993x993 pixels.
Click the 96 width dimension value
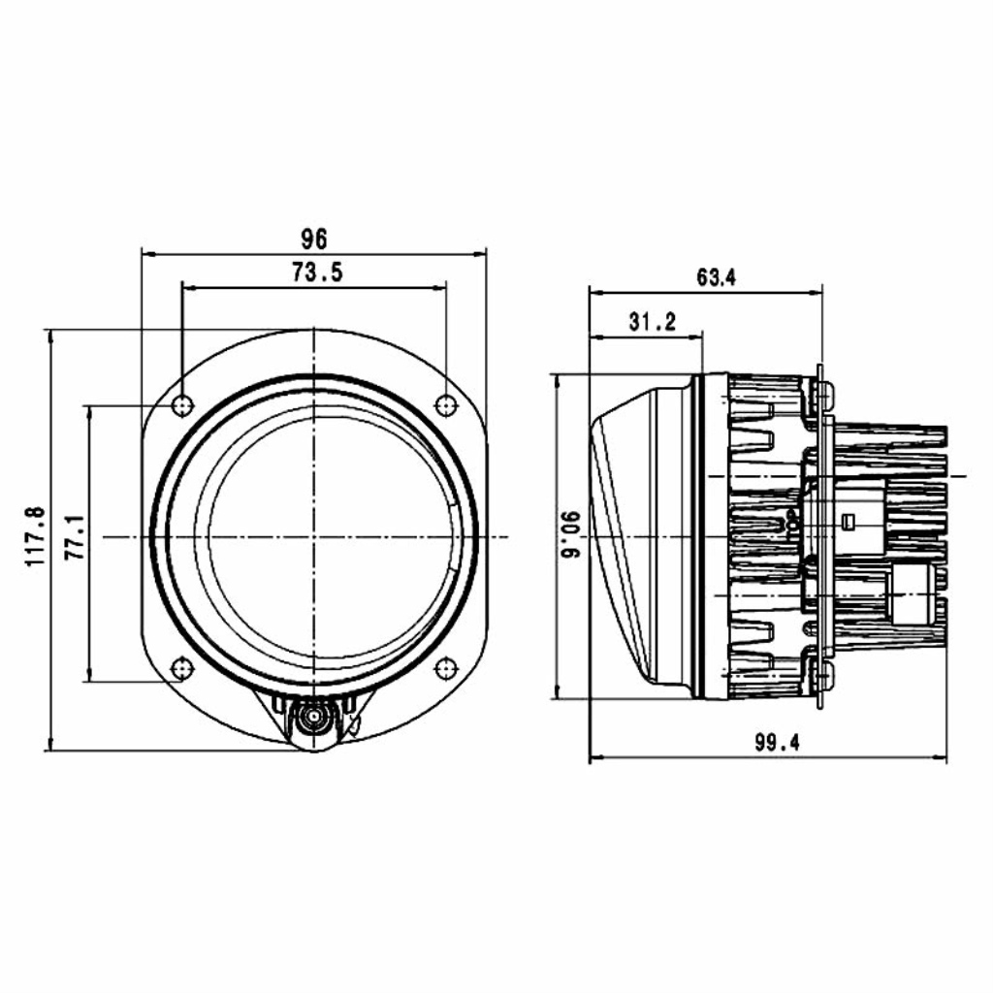coord(314,239)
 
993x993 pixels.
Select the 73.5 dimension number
coord(317,272)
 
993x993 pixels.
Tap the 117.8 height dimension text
coord(36,536)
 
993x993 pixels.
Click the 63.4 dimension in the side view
coord(717,277)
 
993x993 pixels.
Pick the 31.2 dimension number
coord(653,322)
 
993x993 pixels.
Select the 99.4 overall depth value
coord(777,742)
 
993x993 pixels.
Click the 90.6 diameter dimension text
coord(572,534)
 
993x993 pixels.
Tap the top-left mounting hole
coord(182,404)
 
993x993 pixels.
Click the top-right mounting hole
coord(446,404)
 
